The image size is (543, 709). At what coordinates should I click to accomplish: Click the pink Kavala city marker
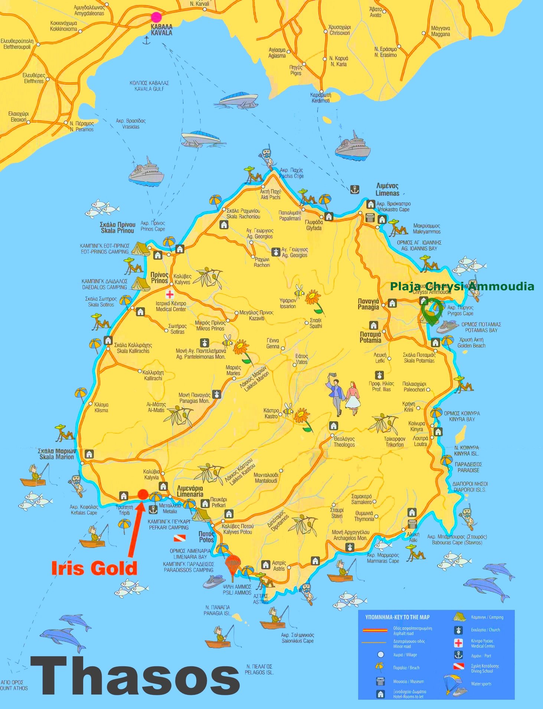click(156, 17)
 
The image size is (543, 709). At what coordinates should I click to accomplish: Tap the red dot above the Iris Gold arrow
click(143, 494)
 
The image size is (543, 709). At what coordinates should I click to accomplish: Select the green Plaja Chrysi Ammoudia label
click(462, 286)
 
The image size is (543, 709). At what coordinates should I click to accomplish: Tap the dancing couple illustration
click(344, 396)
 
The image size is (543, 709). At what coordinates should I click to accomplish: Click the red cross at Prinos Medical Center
click(170, 294)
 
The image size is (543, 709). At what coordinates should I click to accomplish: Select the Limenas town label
click(387, 189)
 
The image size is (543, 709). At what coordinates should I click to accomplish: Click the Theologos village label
click(344, 442)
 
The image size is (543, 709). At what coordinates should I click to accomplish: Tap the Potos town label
click(206, 537)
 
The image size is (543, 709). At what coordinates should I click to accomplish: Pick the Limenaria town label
click(190, 491)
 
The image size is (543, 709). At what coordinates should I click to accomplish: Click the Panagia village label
click(368, 304)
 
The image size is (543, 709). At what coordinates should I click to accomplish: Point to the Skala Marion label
click(57, 454)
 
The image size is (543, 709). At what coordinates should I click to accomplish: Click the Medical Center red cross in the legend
click(459, 643)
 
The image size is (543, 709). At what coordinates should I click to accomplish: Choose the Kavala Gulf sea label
click(149, 86)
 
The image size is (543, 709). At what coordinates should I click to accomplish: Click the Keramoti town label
click(321, 98)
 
